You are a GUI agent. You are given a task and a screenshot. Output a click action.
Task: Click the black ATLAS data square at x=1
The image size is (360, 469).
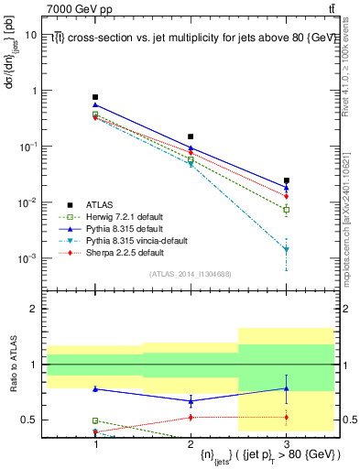95,97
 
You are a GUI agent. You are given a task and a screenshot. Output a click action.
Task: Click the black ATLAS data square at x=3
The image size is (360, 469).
287,181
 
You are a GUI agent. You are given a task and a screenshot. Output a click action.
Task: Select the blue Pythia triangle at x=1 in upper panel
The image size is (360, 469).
95,105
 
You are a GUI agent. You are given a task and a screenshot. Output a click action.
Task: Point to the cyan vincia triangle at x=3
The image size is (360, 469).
287,249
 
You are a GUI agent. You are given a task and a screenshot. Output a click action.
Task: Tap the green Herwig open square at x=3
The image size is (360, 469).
287,210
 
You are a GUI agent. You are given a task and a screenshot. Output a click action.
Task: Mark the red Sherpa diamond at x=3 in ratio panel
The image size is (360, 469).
287,418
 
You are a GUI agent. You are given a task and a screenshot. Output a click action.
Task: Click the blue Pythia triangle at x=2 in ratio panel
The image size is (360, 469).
191,400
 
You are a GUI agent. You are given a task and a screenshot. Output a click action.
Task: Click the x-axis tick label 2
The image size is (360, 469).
191,443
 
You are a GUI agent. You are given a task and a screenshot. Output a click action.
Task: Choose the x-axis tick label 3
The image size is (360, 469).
287,443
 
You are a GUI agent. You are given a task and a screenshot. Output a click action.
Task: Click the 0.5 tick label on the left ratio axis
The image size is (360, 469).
28,420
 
